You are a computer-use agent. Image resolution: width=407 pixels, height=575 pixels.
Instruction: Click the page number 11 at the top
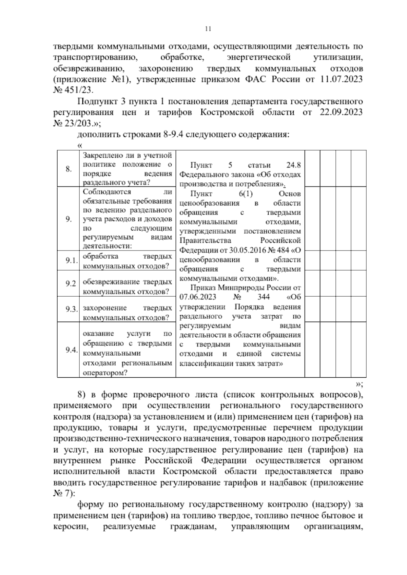click(x=208, y=29)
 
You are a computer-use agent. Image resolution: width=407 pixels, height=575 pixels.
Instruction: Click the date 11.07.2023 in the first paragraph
click(x=341, y=80)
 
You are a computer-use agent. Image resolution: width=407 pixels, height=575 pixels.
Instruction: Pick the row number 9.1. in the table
click(x=72, y=261)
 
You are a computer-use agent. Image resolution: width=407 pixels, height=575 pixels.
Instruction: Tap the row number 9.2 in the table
click(x=71, y=283)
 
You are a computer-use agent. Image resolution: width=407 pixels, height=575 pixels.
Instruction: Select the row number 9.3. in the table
click(x=72, y=309)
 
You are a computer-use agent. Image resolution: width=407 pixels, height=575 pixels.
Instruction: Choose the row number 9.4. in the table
click(x=72, y=350)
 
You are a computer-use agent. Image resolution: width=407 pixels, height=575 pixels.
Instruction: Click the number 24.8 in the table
click(x=293, y=165)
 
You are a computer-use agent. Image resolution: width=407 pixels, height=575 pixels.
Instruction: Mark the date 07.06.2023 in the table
click(x=195, y=297)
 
